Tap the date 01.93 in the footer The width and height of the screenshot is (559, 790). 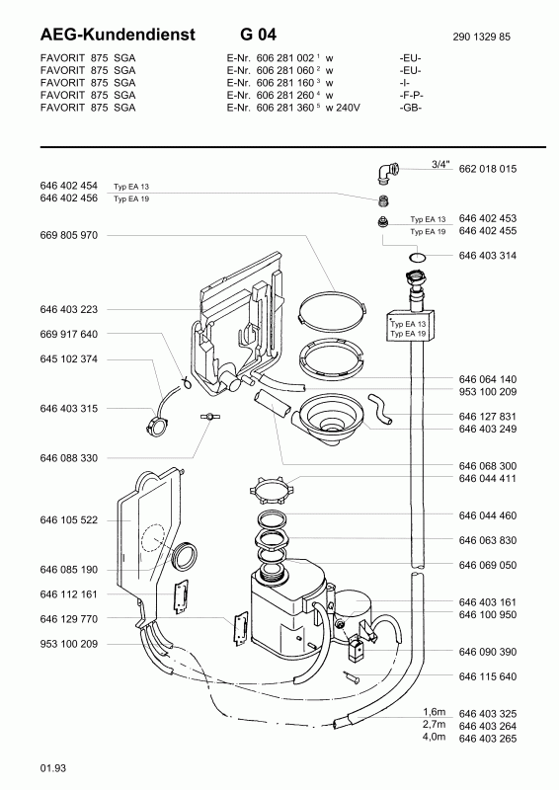click(x=53, y=767)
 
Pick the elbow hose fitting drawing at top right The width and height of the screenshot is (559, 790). click(x=385, y=174)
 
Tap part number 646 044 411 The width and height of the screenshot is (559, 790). click(x=488, y=478)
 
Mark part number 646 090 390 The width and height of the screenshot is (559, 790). click(x=488, y=653)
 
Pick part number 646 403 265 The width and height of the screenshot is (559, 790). click(x=488, y=737)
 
